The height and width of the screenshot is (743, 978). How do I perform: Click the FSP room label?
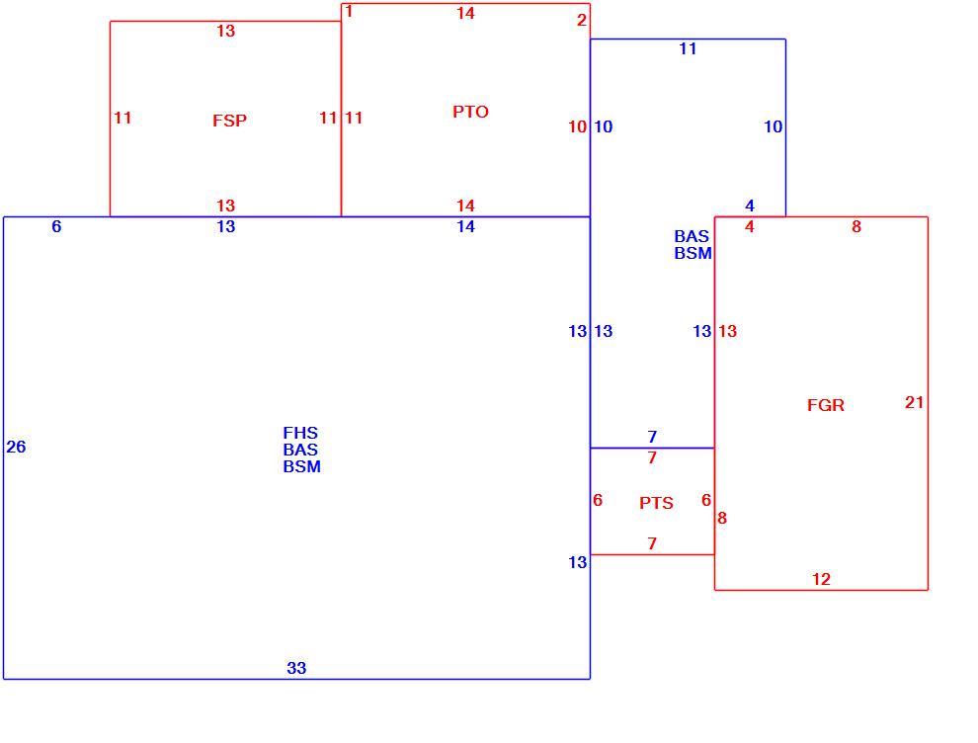tap(229, 121)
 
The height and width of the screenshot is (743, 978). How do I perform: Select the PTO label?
tap(470, 112)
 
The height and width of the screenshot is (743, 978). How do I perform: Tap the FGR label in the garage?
tap(825, 405)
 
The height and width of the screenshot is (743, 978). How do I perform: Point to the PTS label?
tap(656, 503)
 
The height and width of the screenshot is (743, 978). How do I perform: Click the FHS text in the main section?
tap(300, 433)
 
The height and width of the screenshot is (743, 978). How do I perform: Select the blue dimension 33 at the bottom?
tap(296, 668)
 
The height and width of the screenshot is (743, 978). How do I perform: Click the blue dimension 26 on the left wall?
tap(16, 447)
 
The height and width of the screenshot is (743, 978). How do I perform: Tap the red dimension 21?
tap(914, 402)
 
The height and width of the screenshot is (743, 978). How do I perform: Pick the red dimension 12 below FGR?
tap(821, 579)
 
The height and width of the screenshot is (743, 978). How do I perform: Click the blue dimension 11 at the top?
tap(688, 48)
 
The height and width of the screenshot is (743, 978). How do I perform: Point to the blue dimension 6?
tap(56, 226)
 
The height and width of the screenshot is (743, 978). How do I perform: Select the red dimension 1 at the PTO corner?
tap(349, 11)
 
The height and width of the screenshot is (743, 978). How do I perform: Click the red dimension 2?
tap(581, 20)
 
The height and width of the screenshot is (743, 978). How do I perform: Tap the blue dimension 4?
tap(750, 206)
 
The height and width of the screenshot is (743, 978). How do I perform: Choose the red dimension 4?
tap(750, 226)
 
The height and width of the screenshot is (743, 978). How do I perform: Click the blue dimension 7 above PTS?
tap(652, 437)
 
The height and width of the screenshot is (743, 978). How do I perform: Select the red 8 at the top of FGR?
tap(856, 226)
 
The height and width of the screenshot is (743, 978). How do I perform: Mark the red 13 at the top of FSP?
tap(226, 31)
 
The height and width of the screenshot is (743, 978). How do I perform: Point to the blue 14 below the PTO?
tap(465, 226)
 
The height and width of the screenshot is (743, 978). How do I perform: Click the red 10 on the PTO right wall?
tap(577, 126)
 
